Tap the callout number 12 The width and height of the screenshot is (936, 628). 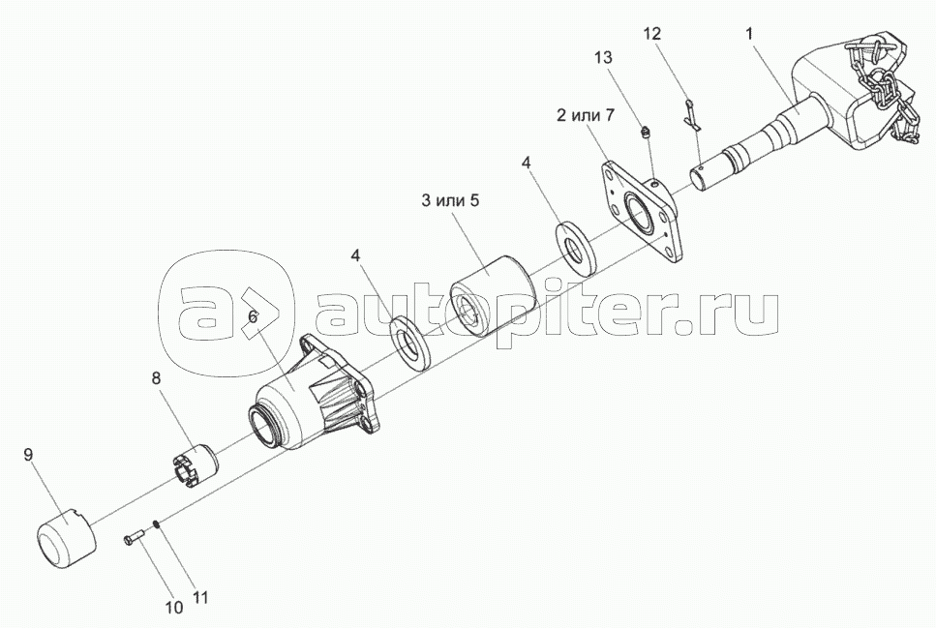[x=652, y=34]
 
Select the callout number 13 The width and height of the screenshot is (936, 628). [x=603, y=57]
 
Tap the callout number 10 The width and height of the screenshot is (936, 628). [x=173, y=608]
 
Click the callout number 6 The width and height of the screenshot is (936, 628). [x=253, y=316]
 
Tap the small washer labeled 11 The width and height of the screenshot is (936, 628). [x=156, y=524]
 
